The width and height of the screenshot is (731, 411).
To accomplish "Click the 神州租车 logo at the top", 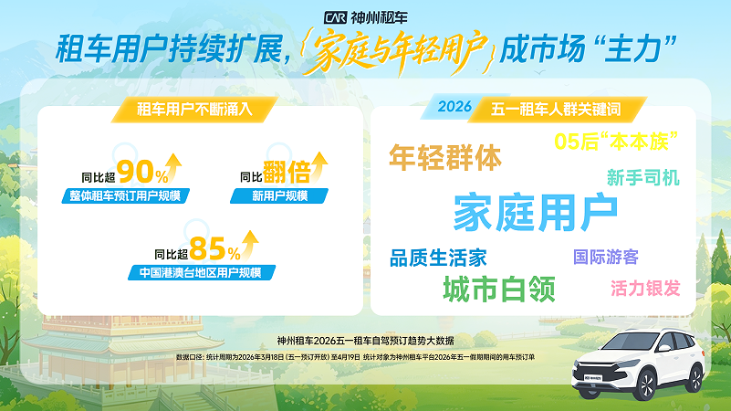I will click(365, 17).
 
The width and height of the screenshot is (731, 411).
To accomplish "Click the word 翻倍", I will click(286, 171).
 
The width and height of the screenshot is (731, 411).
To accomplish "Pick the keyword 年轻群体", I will click(445, 157).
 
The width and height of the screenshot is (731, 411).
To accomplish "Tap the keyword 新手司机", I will click(642, 177).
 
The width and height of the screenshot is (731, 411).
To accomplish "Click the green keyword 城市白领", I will click(499, 289).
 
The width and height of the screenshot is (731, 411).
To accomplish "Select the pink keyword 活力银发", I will click(645, 289).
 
